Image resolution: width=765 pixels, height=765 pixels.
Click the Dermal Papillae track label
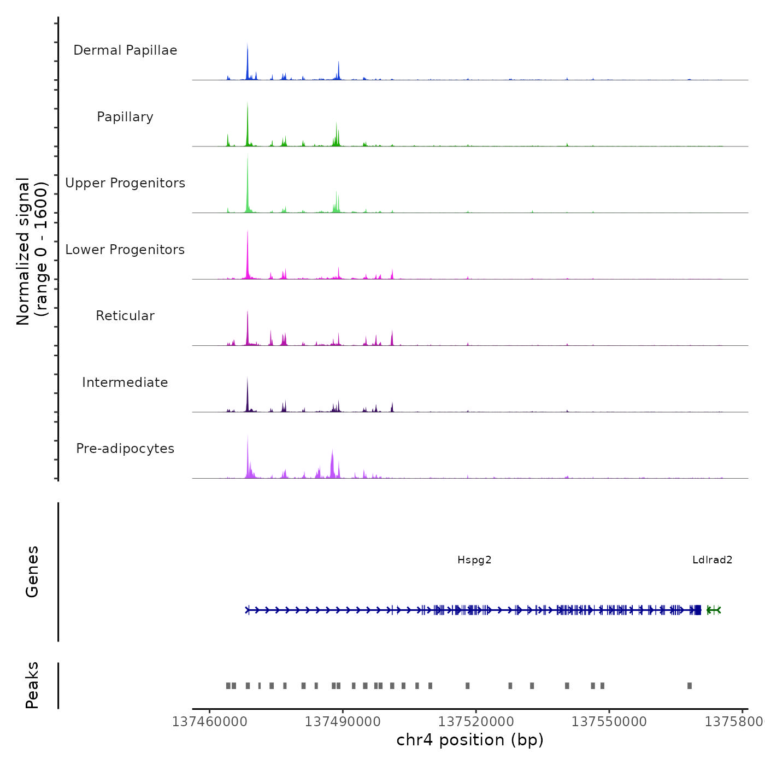tap(125, 50)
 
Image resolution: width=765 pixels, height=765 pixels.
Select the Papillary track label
tap(125, 117)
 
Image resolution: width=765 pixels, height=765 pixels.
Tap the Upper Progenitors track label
tap(125, 183)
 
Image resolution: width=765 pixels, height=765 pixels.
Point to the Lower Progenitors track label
tap(125, 250)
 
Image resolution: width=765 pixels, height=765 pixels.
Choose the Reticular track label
tap(125, 316)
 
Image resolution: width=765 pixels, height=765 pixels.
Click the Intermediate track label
tap(125, 382)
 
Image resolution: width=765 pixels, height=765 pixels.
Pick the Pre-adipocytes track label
tap(125, 449)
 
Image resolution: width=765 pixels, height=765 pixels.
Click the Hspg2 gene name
tap(474, 560)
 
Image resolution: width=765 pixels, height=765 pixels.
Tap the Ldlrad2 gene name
tap(712, 560)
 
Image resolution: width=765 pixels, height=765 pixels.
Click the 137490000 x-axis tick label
tap(343, 722)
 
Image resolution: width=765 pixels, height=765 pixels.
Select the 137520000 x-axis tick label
tap(476, 722)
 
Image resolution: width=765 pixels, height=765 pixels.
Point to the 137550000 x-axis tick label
tap(609, 722)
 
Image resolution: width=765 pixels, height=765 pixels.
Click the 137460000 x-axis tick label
tap(210, 722)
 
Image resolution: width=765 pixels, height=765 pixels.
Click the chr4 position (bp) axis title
tap(470, 740)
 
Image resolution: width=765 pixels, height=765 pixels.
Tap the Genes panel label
tap(32, 572)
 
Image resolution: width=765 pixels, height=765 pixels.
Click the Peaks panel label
tap(32, 685)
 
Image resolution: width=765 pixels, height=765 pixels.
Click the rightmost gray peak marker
tap(690, 686)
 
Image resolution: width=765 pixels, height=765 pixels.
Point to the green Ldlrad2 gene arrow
tap(714, 610)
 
